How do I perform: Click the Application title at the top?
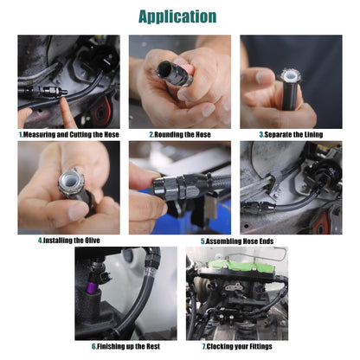point(177,16)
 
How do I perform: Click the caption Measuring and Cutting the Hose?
point(69,134)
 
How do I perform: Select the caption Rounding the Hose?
point(180,134)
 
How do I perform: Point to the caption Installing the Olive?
point(69,241)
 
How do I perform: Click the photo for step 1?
point(69,81)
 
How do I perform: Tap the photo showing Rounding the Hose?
point(180,81)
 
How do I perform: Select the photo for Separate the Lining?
point(290,81)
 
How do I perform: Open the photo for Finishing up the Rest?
point(125,292)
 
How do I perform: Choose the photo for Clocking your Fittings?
point(235,292)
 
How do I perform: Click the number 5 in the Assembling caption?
point(202,241)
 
